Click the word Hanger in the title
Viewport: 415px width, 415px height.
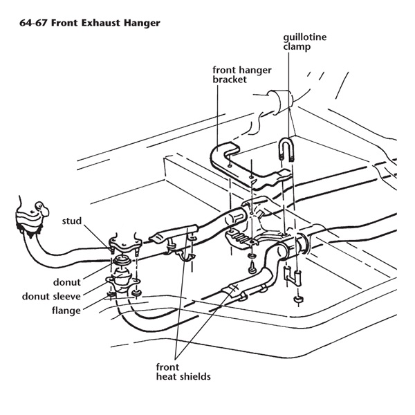(142, 24)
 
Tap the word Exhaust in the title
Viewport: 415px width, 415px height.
(100, 23)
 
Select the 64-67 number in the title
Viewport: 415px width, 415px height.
(33, 23)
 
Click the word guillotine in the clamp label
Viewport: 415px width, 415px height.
(304, 37)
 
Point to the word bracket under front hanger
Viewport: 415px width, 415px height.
(230, 80)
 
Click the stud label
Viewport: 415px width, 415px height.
(72, 221)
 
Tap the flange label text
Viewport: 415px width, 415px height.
(66, 310)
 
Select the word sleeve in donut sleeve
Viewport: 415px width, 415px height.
(68, 296)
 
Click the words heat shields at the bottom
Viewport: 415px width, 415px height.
(183, 376)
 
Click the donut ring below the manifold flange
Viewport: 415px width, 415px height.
(122, 260)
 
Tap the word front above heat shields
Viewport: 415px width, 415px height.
(167, 367)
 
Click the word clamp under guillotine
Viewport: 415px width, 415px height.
(297, 47)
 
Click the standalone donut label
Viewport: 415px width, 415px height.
(66, 282)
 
